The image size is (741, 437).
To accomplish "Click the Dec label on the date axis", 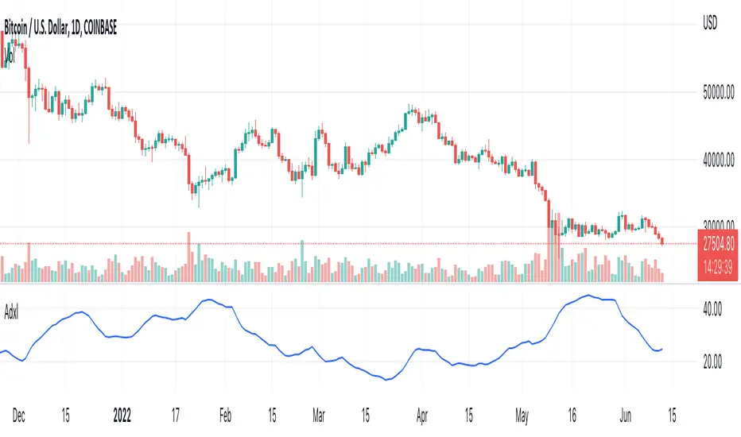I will (x=20, y=414).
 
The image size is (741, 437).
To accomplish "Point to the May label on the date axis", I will (x=521, y=414).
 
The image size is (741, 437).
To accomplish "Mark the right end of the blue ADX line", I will (x=662, y=348).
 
